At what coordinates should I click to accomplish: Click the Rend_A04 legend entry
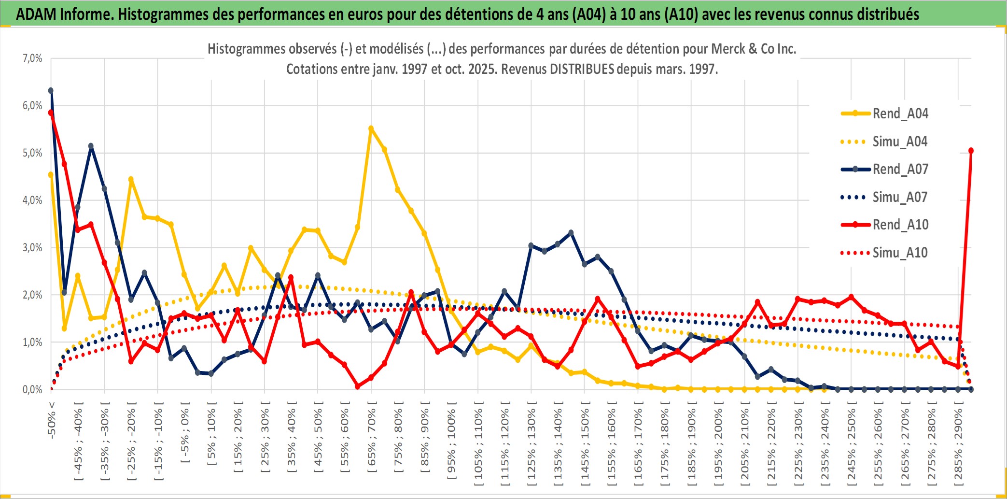(900, 114)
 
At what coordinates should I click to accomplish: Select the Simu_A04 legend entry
(900, 142)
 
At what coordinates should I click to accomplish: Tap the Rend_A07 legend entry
(900, 169)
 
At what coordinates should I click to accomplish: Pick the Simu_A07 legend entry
(900, 197)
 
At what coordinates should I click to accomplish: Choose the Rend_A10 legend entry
(900, 225)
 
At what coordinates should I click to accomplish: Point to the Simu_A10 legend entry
(900, 253)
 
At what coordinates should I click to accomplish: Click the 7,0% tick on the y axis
(32, 58)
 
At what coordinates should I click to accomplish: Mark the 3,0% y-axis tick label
(32, 248)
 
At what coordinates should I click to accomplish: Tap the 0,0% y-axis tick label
(32, 390)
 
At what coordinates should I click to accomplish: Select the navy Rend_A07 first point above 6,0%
(51, 91)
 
